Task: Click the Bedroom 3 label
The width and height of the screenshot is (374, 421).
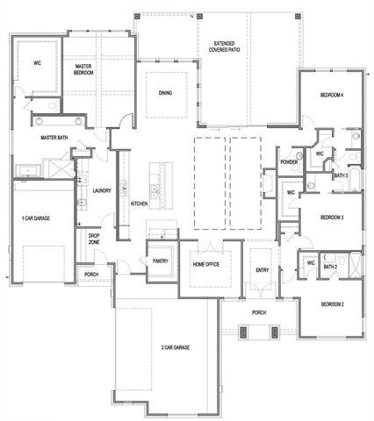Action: (331, 217)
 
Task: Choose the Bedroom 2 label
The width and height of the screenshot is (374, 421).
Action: (331, 304)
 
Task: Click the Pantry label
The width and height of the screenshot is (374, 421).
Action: (160, 261)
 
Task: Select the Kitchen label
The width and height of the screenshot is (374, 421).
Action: (139, 203)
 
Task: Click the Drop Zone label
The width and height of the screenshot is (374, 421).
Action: (94, 239)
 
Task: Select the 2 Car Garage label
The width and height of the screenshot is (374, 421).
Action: (176, 348)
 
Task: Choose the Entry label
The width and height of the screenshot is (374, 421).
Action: (261, 269)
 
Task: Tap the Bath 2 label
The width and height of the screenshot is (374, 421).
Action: (330, 267)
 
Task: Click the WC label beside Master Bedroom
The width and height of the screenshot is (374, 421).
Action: (38, 63)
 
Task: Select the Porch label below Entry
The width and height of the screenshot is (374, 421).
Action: (259, 312)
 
